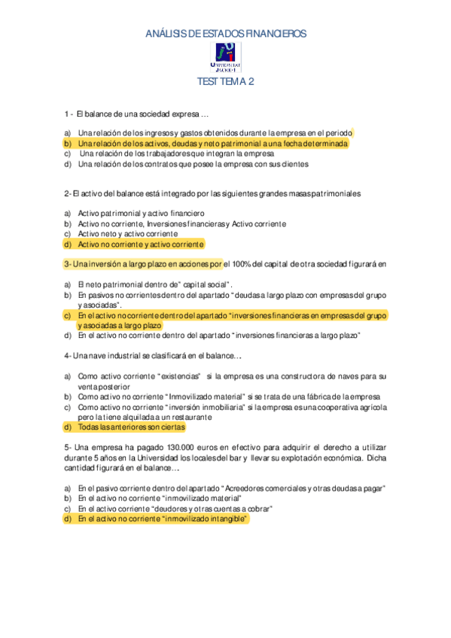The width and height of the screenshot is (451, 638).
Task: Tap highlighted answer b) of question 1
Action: [x=213, y=142]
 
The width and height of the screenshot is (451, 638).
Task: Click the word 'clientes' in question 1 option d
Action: [x=294, y=163]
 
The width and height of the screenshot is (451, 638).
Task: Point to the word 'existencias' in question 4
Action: [x=181, y=375]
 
